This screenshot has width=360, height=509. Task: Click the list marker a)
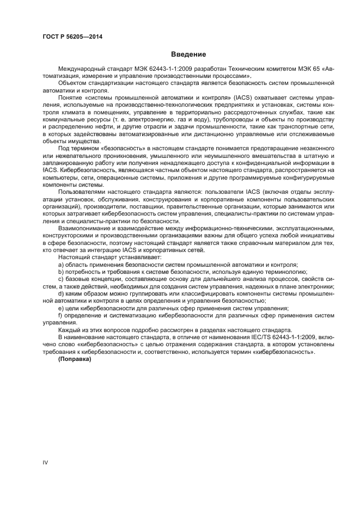click(x=60, y=264)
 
